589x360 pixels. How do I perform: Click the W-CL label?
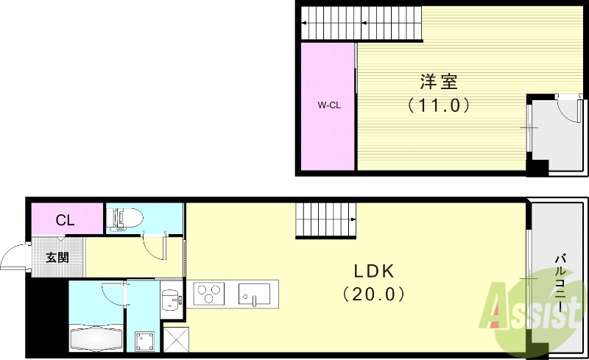click(x=328, y=105)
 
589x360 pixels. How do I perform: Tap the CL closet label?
click(x=66, y=219)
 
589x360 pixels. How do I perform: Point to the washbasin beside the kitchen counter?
click(x=171, y=300)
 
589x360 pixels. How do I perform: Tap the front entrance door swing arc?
click(x=13, y=258)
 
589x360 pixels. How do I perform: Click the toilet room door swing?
click(x=152, y=245)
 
